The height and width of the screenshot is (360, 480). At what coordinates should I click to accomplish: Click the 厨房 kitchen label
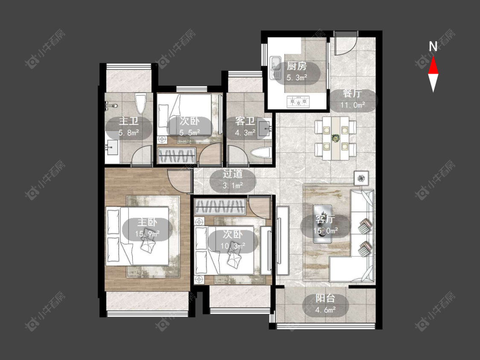coord(297,66)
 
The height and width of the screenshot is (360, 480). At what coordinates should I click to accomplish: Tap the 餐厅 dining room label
coord(352,93)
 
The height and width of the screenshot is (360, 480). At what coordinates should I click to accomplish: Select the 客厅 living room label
coord(325,219)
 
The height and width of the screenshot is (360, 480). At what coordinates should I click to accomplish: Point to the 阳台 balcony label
coord(325,298)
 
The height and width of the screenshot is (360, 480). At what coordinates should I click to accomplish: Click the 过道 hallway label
coord(233,174)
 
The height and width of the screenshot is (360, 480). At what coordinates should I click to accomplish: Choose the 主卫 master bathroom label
coord(128,121)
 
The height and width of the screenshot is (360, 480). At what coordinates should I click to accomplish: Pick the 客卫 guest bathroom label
coord(245,121)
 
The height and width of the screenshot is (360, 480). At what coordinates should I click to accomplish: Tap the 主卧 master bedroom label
coord(147,222)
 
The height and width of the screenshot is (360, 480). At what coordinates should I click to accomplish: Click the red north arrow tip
coord(433,57)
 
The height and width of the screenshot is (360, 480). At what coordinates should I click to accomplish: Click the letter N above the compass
coord(433,46)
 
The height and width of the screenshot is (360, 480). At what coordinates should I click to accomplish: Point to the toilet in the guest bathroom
coord(261,153)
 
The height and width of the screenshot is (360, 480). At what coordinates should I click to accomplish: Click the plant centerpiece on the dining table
coord(336,138)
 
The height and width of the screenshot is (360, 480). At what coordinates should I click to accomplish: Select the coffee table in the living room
coord(323,224)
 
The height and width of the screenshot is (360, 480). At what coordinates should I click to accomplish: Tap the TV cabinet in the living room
coord(282,240)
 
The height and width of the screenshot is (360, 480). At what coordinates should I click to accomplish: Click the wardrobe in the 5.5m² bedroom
coord(177,156)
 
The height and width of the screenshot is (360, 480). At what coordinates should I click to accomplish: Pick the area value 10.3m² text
coord(233,246)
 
